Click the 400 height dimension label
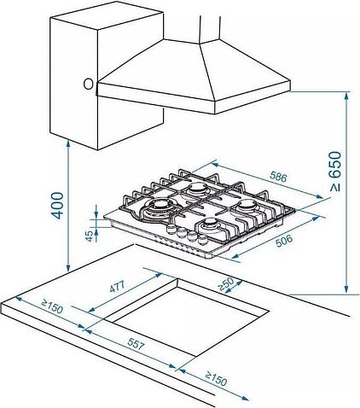tap(57, 206)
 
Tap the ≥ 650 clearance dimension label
tap(334, 172)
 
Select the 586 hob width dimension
tap(278, 177)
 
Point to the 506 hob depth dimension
tap(284, 241)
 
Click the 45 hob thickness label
tap(89, 236)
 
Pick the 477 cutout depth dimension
tap(117, 286)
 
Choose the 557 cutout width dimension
tap(136, 344)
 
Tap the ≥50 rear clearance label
tap(225, 284)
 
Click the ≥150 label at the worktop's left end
tap(52, 306)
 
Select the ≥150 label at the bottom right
tap(216, 379)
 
